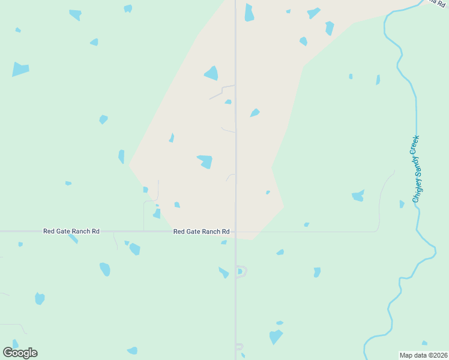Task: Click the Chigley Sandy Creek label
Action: [x=415, y=169]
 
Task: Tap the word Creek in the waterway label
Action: [x=414, y=145]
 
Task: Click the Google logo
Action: [x=20, y=353]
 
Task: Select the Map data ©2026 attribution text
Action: [x=424, y=355]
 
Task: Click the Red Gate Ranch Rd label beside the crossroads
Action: [x=201, y=231]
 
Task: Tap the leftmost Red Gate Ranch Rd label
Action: [x=71, y=231]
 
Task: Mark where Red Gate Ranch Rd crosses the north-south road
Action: [x=235, y=232]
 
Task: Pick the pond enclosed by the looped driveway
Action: [x=240, y=272]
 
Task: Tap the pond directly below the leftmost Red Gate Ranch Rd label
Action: [x=73, y=239]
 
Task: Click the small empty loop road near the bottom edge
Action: [x=239, y=346]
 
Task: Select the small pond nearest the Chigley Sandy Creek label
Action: [x=402, y=204]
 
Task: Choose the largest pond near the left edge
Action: [x=20, y=69]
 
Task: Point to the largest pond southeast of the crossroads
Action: [x=276, y=337]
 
